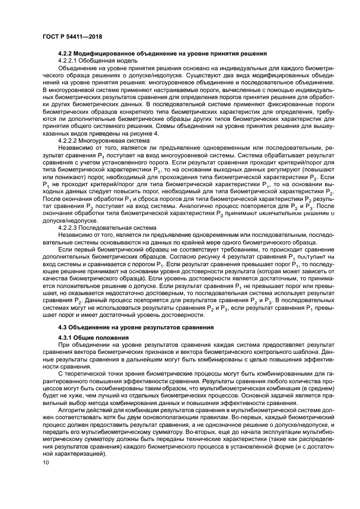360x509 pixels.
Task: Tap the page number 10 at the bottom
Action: [46, 463]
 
